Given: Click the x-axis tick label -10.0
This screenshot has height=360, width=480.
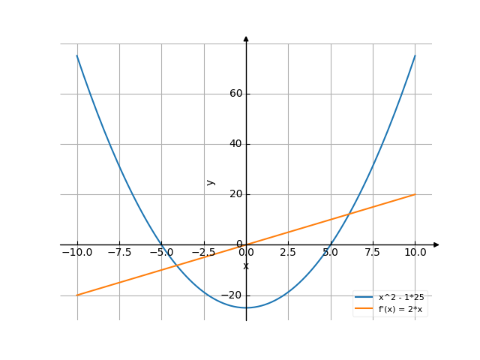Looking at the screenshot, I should (x=76, y=252).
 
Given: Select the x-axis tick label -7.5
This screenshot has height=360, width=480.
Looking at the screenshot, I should (x=118, y=252).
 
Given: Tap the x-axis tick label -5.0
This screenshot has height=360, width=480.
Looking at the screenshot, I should (x=160, y=252).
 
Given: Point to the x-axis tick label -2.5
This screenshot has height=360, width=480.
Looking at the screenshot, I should (x=202, y=252).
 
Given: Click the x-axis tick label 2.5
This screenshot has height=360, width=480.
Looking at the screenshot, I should (x=289, y=252).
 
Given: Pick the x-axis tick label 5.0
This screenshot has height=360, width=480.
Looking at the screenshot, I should (x=331, y=252).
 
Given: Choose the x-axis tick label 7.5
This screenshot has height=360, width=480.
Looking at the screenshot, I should (x=373, y=252).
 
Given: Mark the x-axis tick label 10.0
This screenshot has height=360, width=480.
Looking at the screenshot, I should (x=415, y=252).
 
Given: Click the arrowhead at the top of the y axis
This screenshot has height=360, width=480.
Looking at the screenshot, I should (x=246, y=38).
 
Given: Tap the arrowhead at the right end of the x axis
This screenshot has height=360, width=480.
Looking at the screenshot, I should (x=436, y=244).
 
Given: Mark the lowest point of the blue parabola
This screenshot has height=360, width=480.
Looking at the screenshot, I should (x=246, y=307).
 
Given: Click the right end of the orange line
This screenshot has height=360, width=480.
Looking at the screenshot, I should (x=415, y=194).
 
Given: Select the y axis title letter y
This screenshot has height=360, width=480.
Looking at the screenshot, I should (x=211, y=181).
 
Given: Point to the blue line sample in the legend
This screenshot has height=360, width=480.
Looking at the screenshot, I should (x=365, y=298).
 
